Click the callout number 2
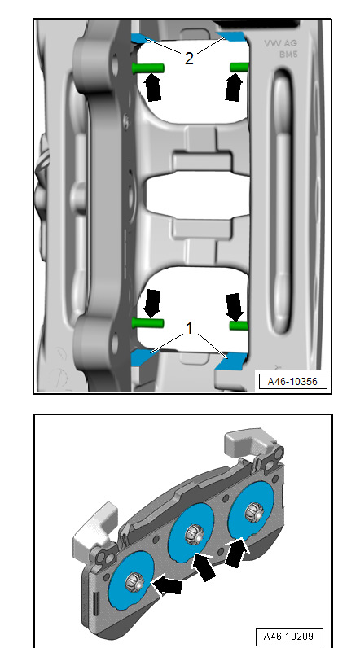(x=189, y=59)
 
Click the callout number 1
(x=189, y=329)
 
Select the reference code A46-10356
(x=292, y=382)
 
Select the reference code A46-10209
(x=289, y=636)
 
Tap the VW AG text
(x=280, y=43)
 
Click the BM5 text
(x=288, y=55)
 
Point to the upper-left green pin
(x=148, y=67)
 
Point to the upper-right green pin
(x=239, y=67)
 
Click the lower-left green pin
(x=147, y=322)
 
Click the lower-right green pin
(x=239, y=326)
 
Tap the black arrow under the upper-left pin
(x=152, y=87)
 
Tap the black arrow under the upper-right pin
(x=235, y=87)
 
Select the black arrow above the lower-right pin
(x=235, y=307)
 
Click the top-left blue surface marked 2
(x=141, y=39)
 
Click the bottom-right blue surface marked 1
(x=231, y=361)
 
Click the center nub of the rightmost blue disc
(x=253, y=512)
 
